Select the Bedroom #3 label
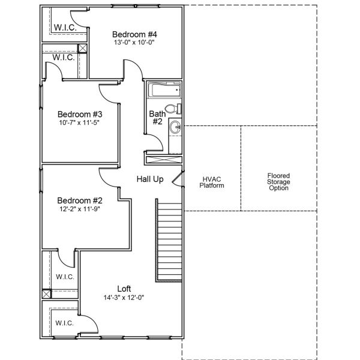pyautogui.click(x=80, y=114)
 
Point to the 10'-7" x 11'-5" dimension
pyautogui.click(x=80, y=122)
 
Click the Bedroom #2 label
pyautogui.click(x=80, y=200)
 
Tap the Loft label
pyautogui.click(x=124, y=289)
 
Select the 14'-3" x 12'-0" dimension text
pyautogui.click(x=124, y=297)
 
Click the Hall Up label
pyautogui.click(x=150, y=179)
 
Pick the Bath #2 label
pyautogui.click(x=157, y=117)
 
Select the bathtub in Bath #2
pyautogui.click(x=164, y=91)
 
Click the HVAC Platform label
pyautogui.click(x=212, y=182)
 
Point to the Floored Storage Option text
pyautogui.click(x=278, y=182)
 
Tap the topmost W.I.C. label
pyautogui.click(x=64, y=27)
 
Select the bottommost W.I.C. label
pyautogui.click(x=64, y=323)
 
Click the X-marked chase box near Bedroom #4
pyautogui.click(x=83, y=50)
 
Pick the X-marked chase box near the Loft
pyautogui.click(x=46, y=295)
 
